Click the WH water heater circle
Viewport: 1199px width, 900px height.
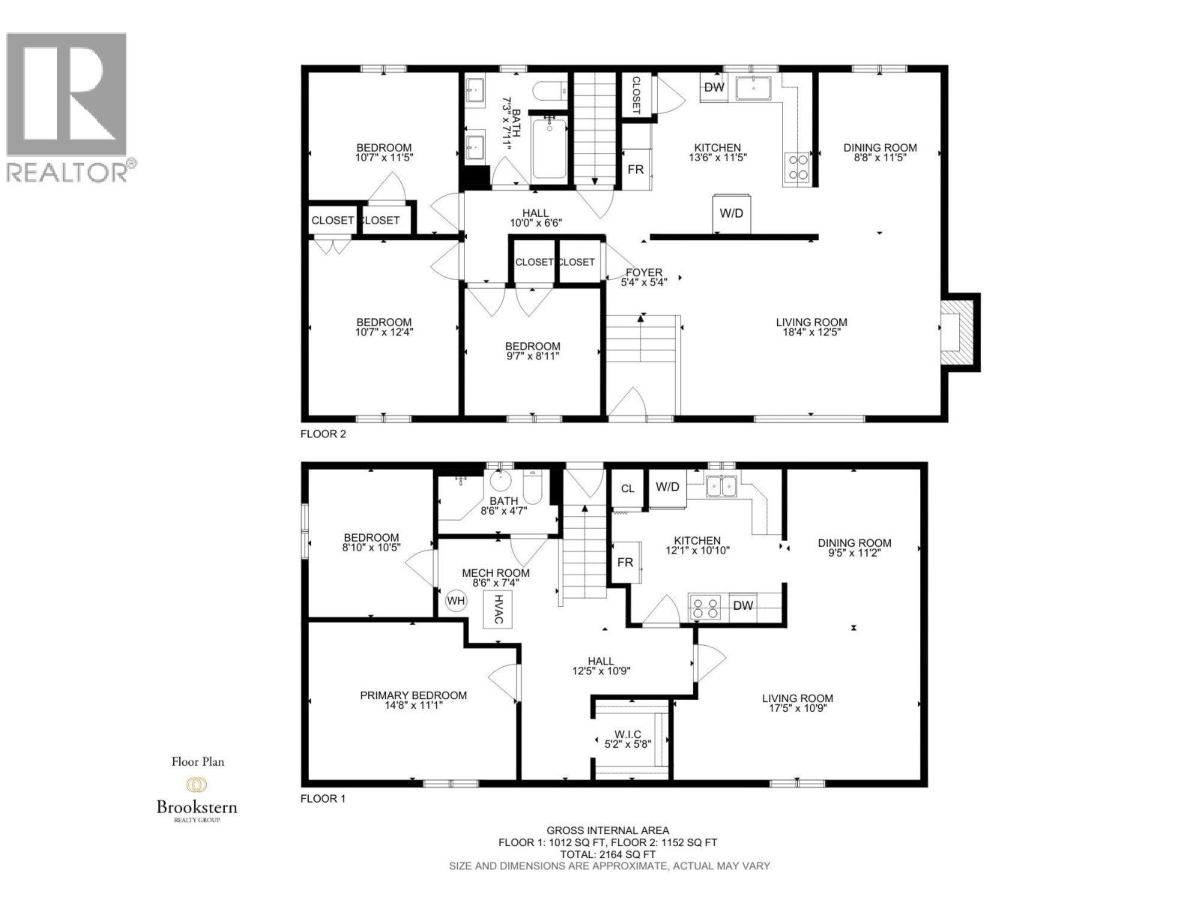(456, 601)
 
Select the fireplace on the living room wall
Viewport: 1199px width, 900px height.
(958, 331)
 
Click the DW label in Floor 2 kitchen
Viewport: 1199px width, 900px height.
(714, 88)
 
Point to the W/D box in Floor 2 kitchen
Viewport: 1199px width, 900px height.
(731, 213)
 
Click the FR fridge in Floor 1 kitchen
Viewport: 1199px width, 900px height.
(625, 562)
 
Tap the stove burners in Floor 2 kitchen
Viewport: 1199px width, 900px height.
(797, 167)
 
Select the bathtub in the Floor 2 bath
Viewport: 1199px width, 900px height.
(549, 148)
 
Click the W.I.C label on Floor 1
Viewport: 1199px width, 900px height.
(628, 734)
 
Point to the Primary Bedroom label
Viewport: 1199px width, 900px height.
(413, 695)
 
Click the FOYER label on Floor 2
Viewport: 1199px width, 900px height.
(644, 273)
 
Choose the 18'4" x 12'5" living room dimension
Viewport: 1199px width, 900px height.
(812, 331)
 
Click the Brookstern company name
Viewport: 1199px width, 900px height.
(196, 807)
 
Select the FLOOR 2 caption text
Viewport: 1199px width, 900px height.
(323, 433)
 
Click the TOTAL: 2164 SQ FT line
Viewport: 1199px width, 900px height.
(608, 854)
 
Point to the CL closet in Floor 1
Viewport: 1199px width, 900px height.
(628, 489)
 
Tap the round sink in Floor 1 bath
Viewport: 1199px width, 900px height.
(499, 481)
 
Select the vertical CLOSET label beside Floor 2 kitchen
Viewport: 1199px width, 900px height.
(635, 94)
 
